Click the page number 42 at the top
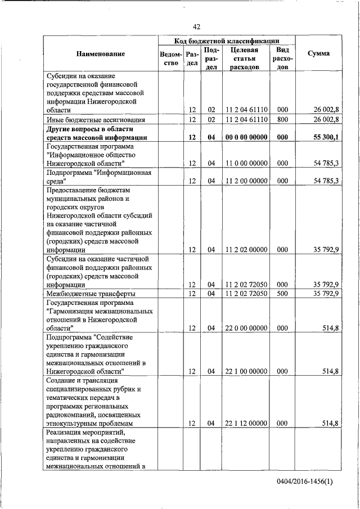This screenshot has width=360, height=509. coord(196,26)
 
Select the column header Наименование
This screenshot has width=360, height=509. coord(101,54)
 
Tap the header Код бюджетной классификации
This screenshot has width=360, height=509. coord(226,40)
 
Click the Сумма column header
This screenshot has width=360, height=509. coord(318,54)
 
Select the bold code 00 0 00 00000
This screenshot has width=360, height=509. coord(245,137)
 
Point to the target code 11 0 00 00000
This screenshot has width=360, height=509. coord(245,163)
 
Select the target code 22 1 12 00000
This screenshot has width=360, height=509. coord(245,423)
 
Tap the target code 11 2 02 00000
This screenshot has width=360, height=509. coord(245,250)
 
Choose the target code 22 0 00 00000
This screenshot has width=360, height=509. coord(245,328)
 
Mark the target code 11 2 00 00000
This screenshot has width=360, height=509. coord(245,181)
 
